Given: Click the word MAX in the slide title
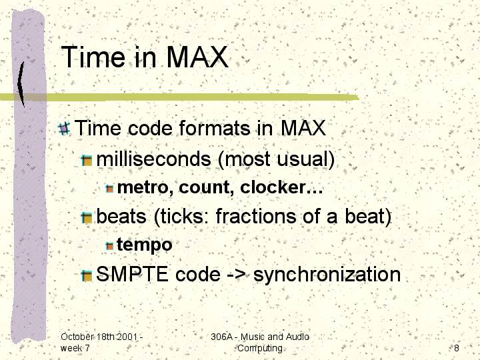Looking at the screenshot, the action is tap(197, 57).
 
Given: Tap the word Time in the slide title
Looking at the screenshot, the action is tap(93, 57).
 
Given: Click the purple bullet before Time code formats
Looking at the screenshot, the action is tap(64, 128).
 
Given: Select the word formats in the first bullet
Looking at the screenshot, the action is tap(215, 128).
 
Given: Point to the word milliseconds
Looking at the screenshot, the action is tap(154, 159).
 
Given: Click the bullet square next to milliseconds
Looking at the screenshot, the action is tap(87, 160).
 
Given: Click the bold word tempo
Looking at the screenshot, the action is tap(145, 245).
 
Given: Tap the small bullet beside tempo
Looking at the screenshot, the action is tap(109, 245).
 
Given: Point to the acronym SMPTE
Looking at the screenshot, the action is tap(132, 274).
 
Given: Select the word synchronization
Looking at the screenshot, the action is tap(327, 274).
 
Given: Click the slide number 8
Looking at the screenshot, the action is tap(457, 348).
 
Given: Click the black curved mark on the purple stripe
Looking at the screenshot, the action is tap(21, 84).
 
